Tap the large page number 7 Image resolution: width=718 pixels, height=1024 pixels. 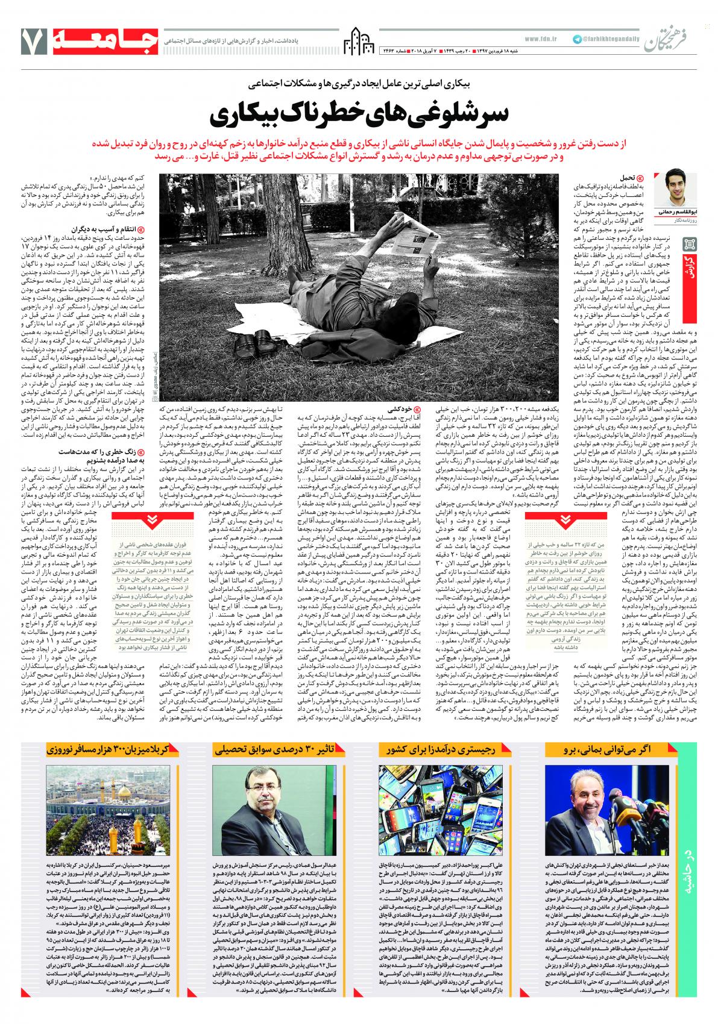(30, 43)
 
